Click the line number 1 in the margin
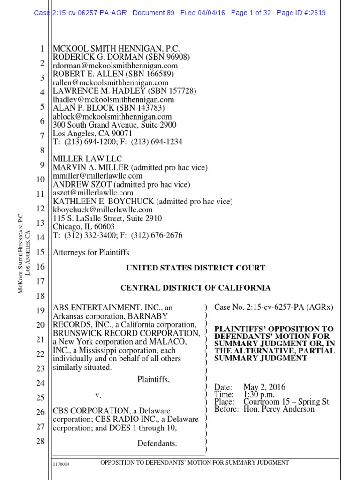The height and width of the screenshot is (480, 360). pos(41,48)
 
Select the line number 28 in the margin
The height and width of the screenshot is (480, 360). pos(40,441)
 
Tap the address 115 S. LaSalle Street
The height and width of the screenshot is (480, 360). pos(88,218)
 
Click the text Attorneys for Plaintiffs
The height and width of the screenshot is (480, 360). pos(91,252)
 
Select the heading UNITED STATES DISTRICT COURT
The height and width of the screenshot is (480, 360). pos(195,268)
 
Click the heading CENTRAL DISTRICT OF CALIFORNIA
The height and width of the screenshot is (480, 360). pos(195,288)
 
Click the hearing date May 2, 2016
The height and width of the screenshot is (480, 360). pos(264,387)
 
